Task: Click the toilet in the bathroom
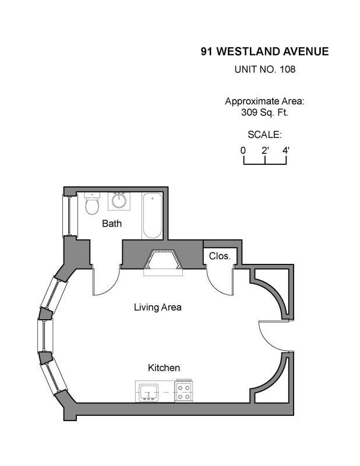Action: coord(92,203)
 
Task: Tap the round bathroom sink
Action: coord(119,201)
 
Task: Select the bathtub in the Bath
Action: coord(152,216)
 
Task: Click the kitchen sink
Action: coord(149,392)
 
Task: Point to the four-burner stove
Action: coord(183,391)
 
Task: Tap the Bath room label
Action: coord(112,224)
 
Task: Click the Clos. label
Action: coord(220,256)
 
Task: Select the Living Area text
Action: coord(157,307)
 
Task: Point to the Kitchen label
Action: coord(164,368)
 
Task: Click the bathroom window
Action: coord(67,216)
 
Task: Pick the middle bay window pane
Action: coord(45,336)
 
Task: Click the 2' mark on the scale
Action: coord(265,151)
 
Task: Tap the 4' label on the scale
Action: coord(286,151)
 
